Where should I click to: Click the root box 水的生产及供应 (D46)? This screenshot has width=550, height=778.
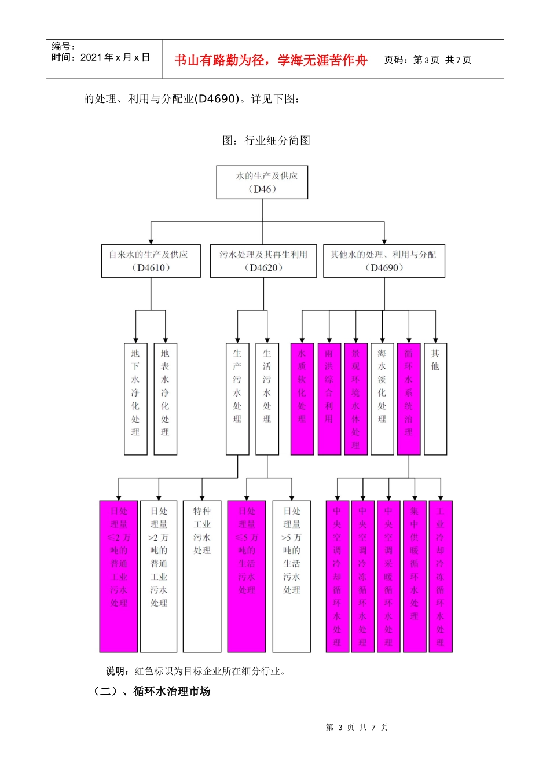coord(262,182)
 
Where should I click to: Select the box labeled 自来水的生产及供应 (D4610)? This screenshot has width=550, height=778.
coord(151,261)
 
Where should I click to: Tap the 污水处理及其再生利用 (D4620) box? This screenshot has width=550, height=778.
coord(263,261)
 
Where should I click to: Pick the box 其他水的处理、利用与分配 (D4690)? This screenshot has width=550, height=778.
coord(384,261)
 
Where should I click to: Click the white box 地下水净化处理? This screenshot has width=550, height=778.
coord(135,399)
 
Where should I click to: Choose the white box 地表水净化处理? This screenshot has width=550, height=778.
coord(165,399)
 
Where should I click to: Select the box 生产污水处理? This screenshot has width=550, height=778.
coord(237,399)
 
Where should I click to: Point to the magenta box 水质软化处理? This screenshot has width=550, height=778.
coord(302,399)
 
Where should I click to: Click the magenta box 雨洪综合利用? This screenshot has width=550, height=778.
coord(329,399)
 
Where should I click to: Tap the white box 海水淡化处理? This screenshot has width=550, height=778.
coord(382,399)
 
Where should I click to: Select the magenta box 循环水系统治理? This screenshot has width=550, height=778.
coord(409,399)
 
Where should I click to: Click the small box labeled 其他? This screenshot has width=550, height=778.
coord(435,399)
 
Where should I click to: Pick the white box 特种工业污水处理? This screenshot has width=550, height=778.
coord(202,576)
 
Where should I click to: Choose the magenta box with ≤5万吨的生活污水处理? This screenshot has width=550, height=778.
coord(247,576)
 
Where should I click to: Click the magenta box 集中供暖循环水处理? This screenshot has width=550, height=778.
coord(415,576)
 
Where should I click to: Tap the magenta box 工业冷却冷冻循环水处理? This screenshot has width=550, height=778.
coord(441,576)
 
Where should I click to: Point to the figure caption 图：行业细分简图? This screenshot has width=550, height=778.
coord(266,141)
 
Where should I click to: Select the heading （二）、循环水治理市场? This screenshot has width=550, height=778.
coord(152,691)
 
